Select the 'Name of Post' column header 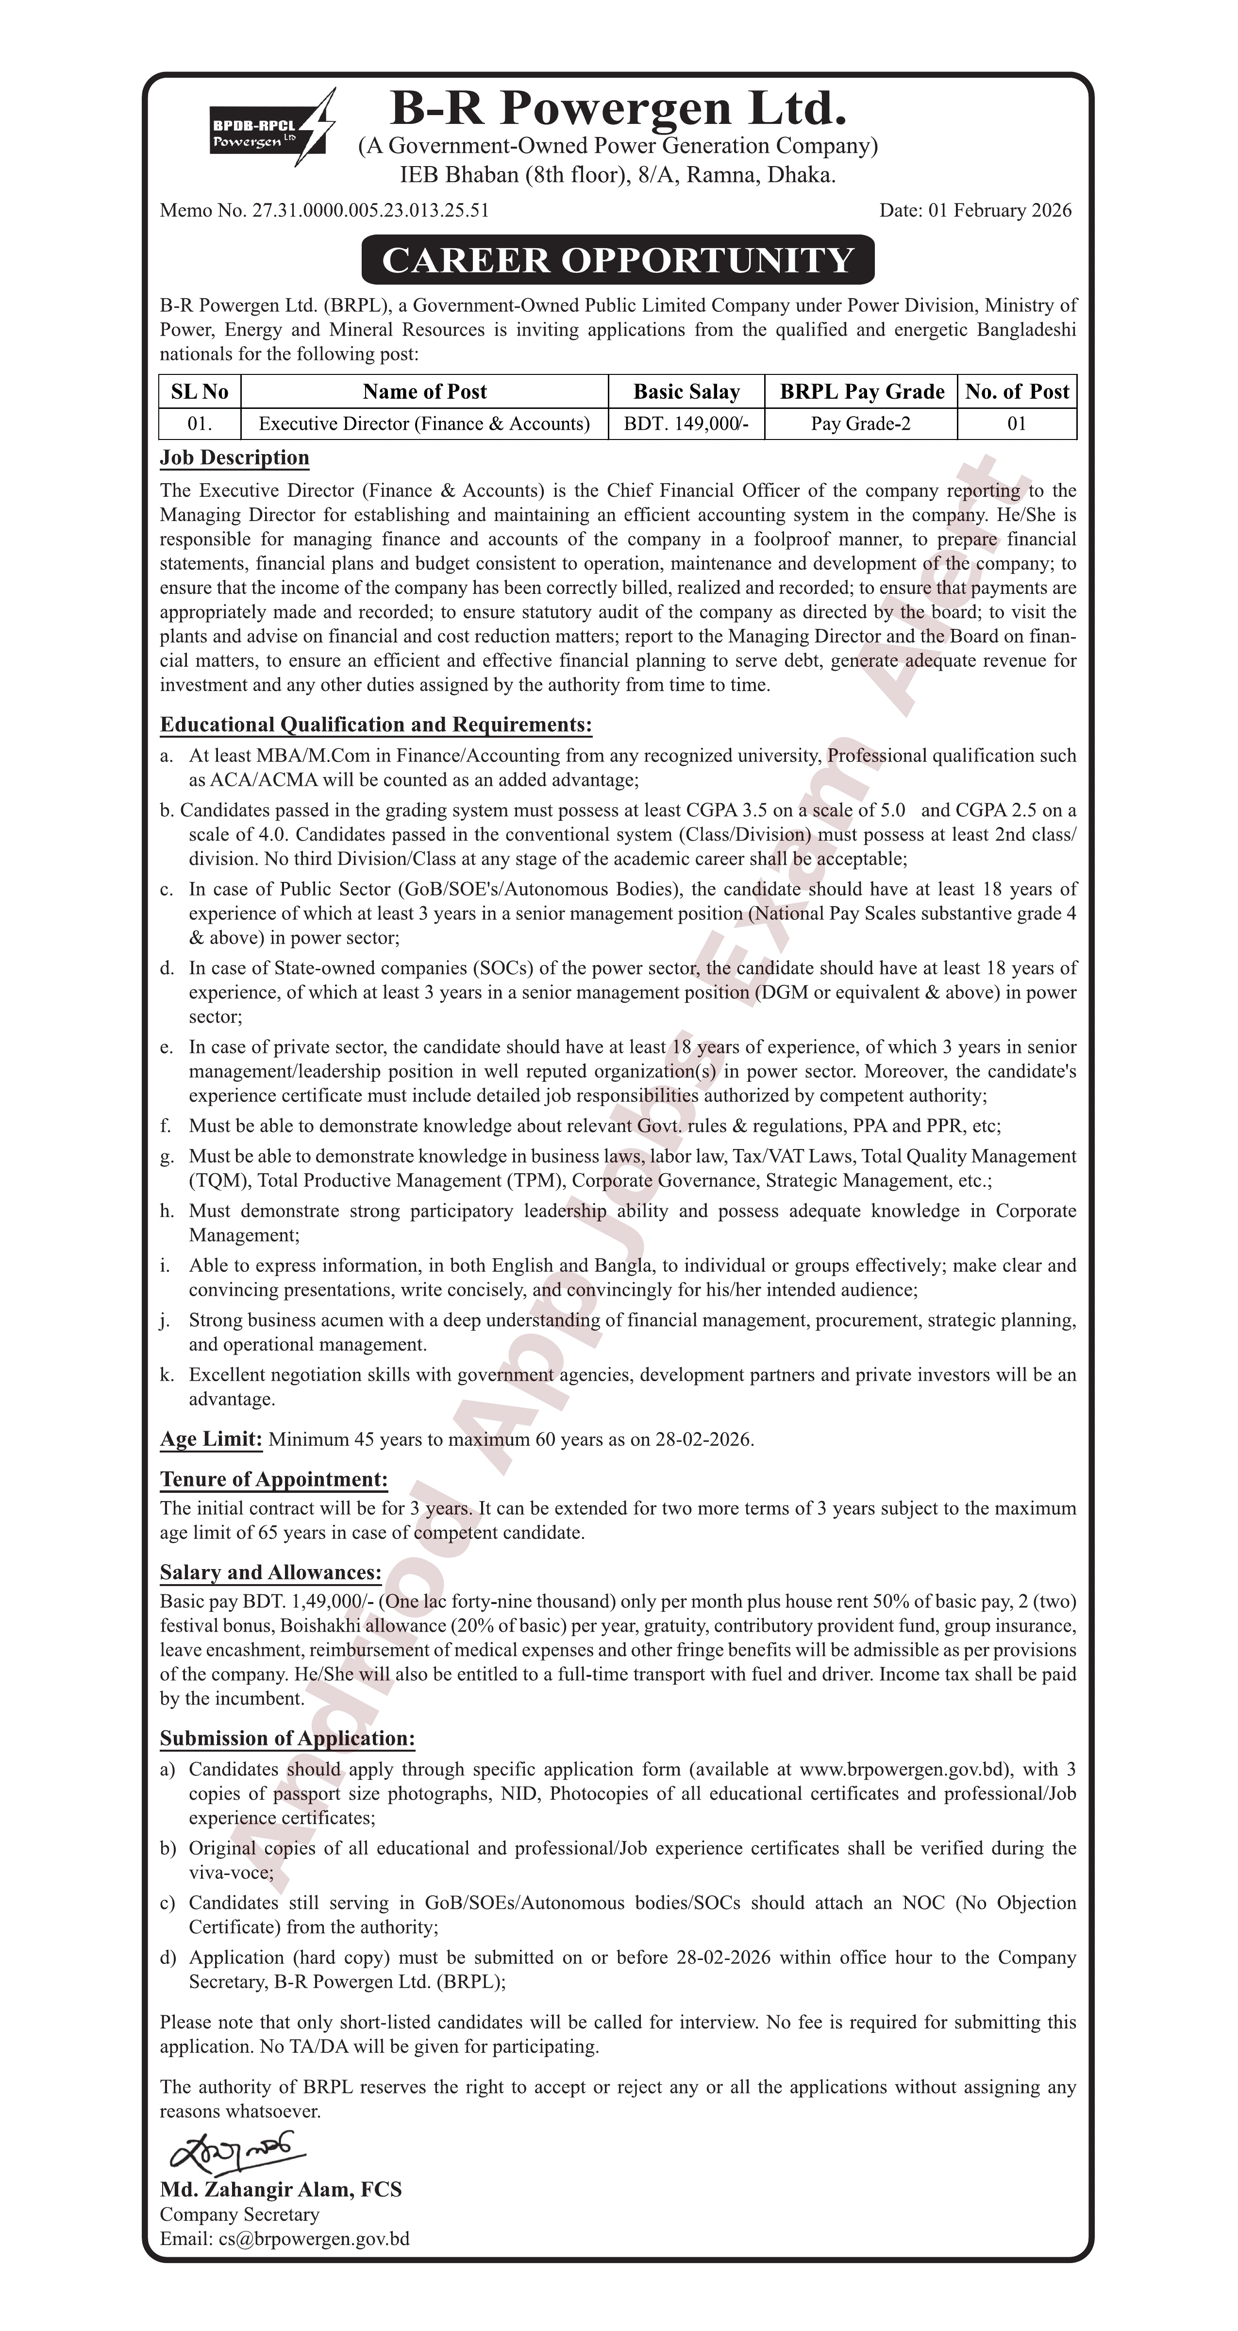click(424, 392)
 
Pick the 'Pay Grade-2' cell click(861, 423)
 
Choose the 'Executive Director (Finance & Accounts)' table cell click(424, 423)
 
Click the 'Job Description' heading click(234, 458)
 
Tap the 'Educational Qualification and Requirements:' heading click(376, 725)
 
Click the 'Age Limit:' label click(211, 1439)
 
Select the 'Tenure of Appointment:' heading click(273, 1480)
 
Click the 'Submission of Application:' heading click(287, 1739)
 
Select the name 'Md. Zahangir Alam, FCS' click(281, 2190)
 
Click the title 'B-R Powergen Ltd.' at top click(618, 109)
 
